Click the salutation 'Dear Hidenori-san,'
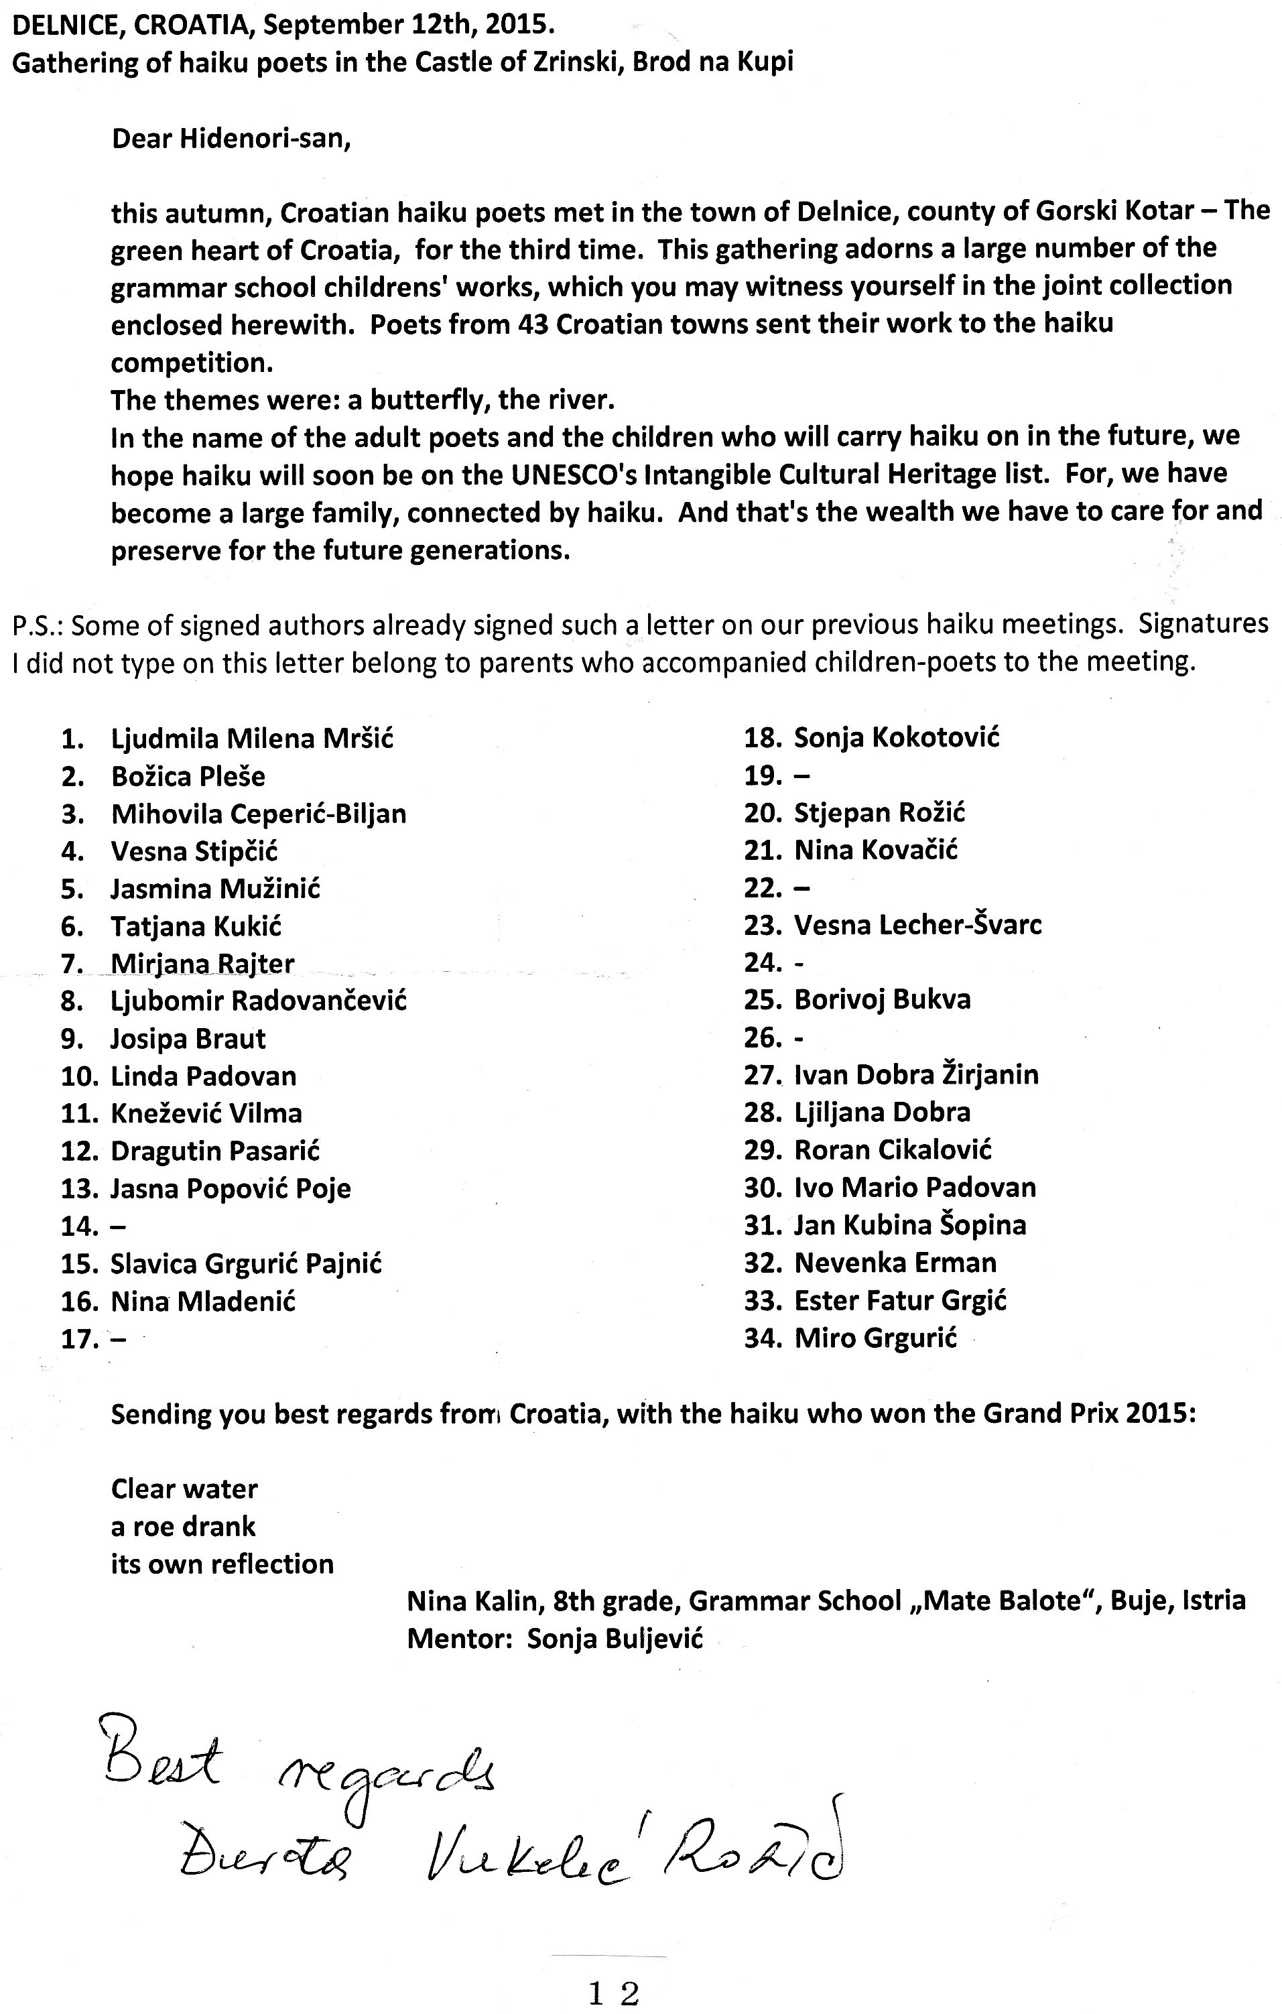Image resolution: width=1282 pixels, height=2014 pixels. click(231, 138)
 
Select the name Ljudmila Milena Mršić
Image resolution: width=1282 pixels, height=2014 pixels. click(252, 739)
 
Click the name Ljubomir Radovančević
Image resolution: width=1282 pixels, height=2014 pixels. click(259, 1001)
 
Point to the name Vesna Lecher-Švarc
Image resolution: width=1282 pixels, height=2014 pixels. click(917, 925)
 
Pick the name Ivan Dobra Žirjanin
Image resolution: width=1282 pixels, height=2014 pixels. click(915, 1075)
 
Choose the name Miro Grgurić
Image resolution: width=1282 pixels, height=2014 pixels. click(875, 1338)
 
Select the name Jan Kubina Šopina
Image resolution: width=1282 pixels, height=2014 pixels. click(910, 1225)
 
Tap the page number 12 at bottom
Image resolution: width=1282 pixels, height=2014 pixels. click(613, 1993)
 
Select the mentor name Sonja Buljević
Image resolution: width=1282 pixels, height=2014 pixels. click(615, 1639)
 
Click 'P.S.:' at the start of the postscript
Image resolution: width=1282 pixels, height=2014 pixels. click(40, 625)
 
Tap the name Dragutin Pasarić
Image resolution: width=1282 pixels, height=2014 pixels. click(215, 1151)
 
